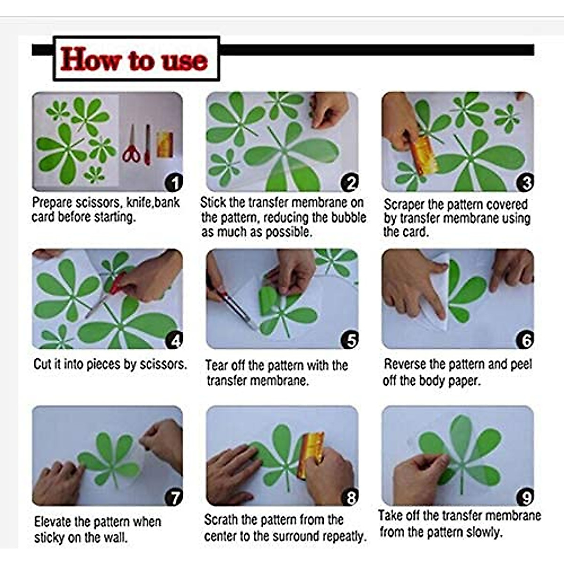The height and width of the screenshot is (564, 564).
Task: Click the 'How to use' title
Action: click(134, 59)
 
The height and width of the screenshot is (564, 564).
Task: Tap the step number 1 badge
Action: click(174, 183)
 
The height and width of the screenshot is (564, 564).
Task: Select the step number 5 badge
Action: click(350, 340)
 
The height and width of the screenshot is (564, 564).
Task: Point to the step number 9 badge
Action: click(525, 497)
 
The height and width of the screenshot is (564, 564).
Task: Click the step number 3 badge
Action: click(525, 183)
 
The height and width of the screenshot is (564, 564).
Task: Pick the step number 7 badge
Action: click(174, 497)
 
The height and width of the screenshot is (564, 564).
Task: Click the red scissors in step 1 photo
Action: click(132, 145)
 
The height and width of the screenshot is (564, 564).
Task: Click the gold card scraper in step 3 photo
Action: click(423, 155)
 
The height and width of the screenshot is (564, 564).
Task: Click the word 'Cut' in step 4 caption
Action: click(42, 364)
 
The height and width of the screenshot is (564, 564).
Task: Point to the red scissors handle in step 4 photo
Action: click(117, 283)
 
